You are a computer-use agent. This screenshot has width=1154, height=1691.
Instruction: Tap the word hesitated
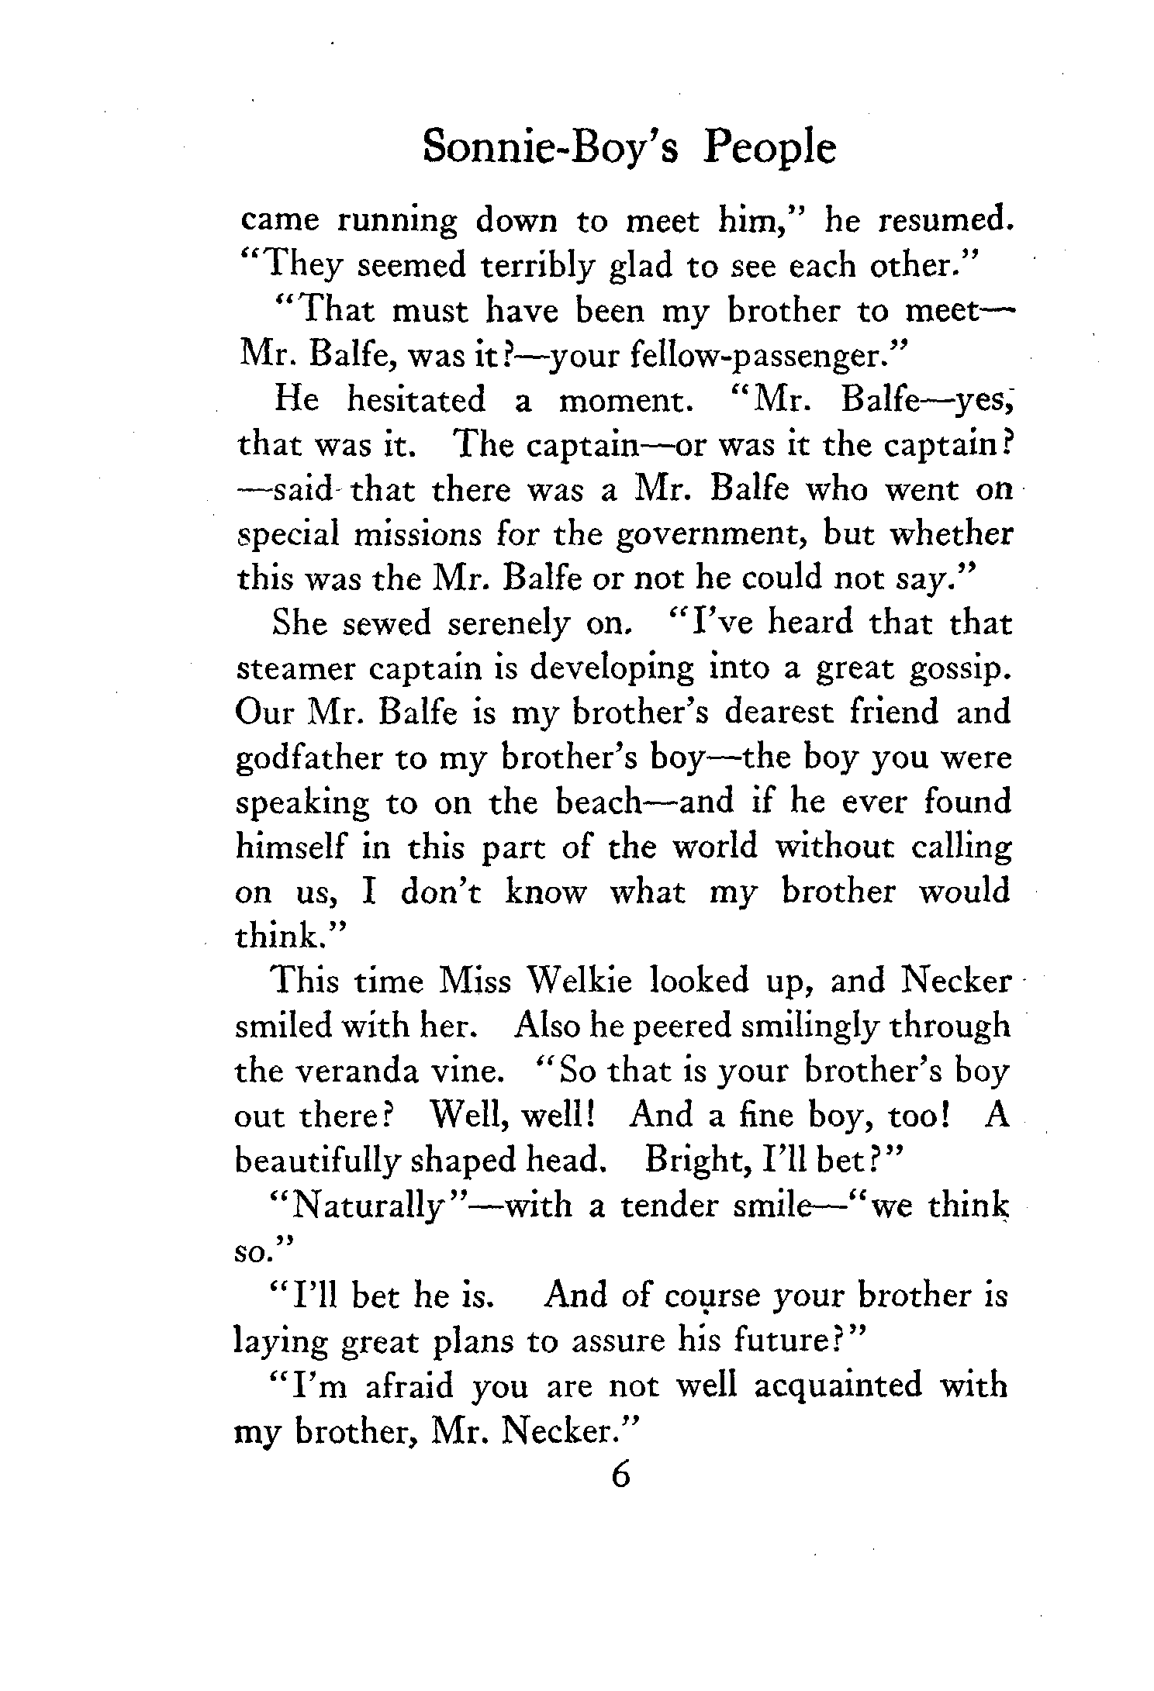coord(416,400)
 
